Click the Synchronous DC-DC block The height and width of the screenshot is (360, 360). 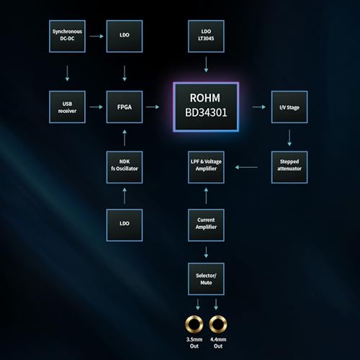pyautogui.click(x=67, y=36)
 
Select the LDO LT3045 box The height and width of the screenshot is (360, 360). pyautogui.click(x=206, y=36)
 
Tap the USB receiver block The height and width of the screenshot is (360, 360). pyautogui.click(x=67, y=107)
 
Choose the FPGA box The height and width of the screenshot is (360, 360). pyautogui.click(x=125, y=107)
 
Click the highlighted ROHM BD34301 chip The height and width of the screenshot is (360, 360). pyautogui.click(x=206, y=107)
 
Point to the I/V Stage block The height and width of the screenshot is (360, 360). pyautogui.click(x=289, y=107)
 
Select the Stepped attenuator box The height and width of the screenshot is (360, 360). pyautogui.click(x=289, y=167)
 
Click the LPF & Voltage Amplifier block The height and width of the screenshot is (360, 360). pyautogui.click(x=206, y=167)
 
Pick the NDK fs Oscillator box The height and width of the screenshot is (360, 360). pyautogui.click(x=125, y=167)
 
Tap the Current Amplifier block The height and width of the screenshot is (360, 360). pyautogui.click(x=206, y=225)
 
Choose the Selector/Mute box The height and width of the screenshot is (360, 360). pyautogui.click(x=206, y=279)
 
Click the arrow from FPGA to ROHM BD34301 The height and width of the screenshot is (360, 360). pyautogui.click(x=153, y=107)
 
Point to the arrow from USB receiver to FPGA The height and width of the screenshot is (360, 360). pyautogui.click(x=96, y=107)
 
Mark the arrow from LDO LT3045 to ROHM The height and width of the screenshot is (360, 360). pyautogui.click(x=206, y=65)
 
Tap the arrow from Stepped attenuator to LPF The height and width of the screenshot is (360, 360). pyautogui.click(x=246, y=167)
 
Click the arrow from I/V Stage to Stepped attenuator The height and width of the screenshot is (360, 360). pyautogui.click(x=289, y=138)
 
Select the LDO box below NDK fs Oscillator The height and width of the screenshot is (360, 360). pyautogui.click(x=125, y=225)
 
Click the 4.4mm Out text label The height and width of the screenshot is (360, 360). pyautogui.click(x=218, y=343)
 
